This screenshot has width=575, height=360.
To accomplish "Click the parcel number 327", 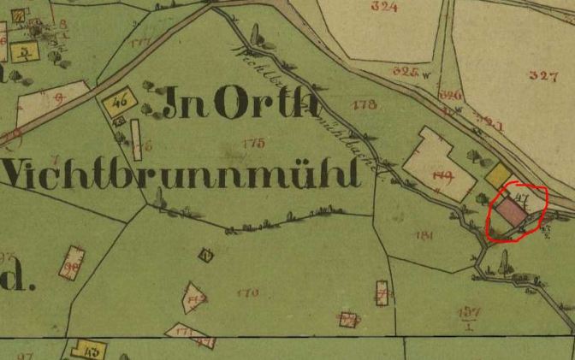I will (x=542, y=75).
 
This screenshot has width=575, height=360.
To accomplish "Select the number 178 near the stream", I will (x=364, y=105).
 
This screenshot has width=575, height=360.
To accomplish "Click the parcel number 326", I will (x=449, y=95).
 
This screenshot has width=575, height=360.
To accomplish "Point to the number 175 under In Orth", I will (x=253, y=143).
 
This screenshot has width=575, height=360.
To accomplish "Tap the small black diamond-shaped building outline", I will (x=205, y=254).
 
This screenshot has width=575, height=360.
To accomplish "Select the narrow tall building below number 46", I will (x=136, y=133).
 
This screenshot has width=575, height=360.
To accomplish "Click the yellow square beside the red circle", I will (x=498, y=176).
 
